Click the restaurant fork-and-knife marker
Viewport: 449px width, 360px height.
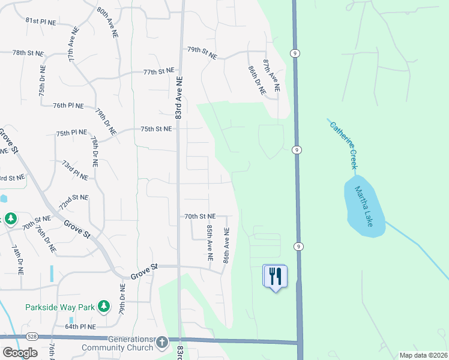pyautogui.click(x=275, y=276)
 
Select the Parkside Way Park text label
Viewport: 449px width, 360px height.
pyautogui.click(x=60, y=307)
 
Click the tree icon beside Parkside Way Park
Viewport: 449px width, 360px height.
pyautogui.click(x=104, y=307)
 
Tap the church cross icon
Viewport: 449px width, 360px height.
pyautogui.click(x=161, y=343)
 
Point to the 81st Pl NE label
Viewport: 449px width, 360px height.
pyautogui.click(x=40, y=20)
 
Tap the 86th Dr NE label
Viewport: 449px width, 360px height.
pyautogui.click(x=257, y=80)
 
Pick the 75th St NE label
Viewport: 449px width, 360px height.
pyautogui.click(x=156, y=129)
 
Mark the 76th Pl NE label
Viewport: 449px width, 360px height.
pyautogui.click(x=67, y=105)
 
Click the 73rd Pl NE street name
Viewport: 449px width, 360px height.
pyautogui.click(x=76, y=170)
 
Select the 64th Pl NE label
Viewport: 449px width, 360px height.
pyautogui.click(x=80, y=327)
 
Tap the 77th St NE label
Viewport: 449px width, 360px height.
pyautogui.click(x=158, y=72)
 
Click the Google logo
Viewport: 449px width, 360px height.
pyautogui.click(x=20, y=352)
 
